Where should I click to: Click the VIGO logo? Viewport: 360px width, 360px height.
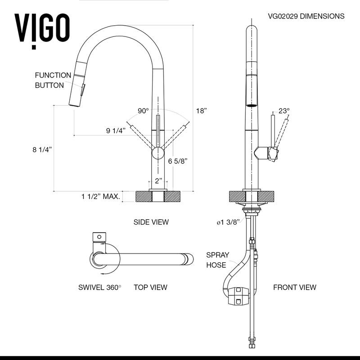pos(42,28)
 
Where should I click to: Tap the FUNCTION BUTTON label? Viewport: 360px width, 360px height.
pos(53,80)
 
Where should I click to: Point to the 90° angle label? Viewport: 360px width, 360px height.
pos(143,111)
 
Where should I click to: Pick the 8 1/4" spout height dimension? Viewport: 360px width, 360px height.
pos(43,149)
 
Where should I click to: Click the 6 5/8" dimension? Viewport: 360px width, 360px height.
pos(177,161)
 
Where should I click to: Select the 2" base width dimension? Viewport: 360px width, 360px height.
pos(158,181)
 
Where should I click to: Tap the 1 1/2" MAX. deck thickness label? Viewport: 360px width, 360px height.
pos(100,196)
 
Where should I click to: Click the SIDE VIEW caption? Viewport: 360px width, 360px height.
pos(151,222)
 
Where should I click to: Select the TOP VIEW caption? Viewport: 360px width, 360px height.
pos(150,287)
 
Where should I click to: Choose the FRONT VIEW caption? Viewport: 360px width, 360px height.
pos(294,287)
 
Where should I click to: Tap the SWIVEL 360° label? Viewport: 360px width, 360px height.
pos(99,287)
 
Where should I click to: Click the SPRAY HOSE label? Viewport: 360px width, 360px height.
pos(217,260)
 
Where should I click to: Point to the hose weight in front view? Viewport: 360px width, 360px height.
pos(238,296)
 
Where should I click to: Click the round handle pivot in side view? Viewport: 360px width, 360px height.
pos(158,153)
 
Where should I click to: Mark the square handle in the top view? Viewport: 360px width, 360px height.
pos(99,237)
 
